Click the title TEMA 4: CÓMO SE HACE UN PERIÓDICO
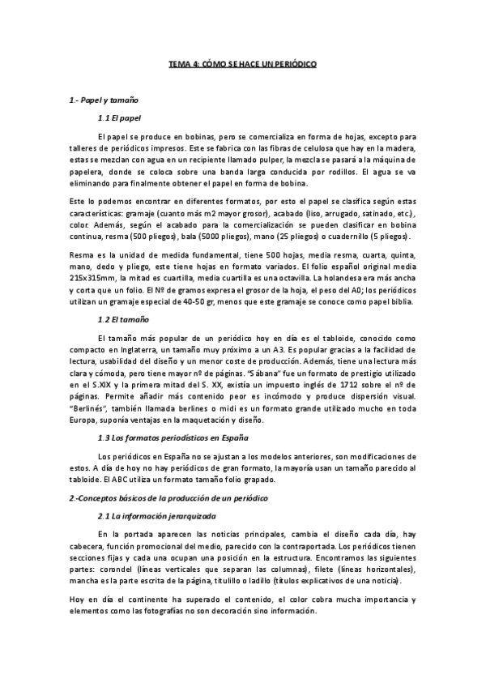[x=242, y=62]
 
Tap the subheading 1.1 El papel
[x=118, y=118]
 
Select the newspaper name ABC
[x=122, y=477]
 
